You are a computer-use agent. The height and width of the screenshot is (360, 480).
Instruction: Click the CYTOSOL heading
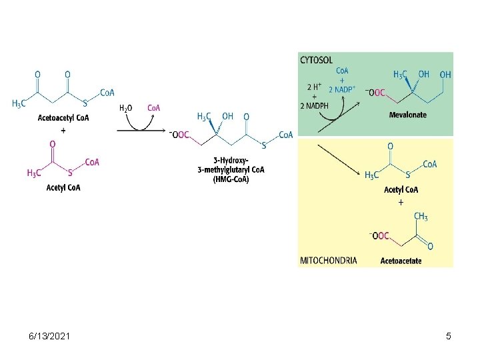(x=317, y=60)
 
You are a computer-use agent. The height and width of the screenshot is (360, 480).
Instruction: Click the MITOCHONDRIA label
(x=329, y=260)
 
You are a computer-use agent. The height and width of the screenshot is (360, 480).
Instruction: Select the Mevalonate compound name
(x=408, y=115)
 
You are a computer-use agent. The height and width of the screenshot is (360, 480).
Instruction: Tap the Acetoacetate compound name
(x=401, y=261)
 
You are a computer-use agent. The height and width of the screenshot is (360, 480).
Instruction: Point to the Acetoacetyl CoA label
(x=64, y=118)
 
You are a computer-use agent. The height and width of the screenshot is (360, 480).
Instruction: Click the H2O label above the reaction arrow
(x=125, y=108)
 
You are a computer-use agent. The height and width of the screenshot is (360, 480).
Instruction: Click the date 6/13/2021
(x=51, y=336)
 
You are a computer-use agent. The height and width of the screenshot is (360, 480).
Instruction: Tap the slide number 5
(x=449, y=336)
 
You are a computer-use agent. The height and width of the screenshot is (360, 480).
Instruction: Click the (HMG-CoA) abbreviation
(x=231, y=179)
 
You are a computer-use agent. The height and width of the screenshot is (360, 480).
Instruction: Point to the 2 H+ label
(x=315, y=87)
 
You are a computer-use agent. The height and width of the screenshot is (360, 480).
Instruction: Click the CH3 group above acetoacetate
(x=421, y=217)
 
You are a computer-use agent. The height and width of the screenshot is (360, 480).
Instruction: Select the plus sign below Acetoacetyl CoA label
(x=63, y=131)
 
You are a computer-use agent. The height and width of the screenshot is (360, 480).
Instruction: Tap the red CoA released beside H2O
(x=153, y=107)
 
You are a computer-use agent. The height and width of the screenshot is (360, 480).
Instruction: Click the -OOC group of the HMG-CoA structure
(x=180, y=134)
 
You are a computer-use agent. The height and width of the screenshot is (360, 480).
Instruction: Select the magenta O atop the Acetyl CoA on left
(x=53, y=143)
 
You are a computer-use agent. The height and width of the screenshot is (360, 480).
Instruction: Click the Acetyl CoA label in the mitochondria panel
(x=401, y=189)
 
